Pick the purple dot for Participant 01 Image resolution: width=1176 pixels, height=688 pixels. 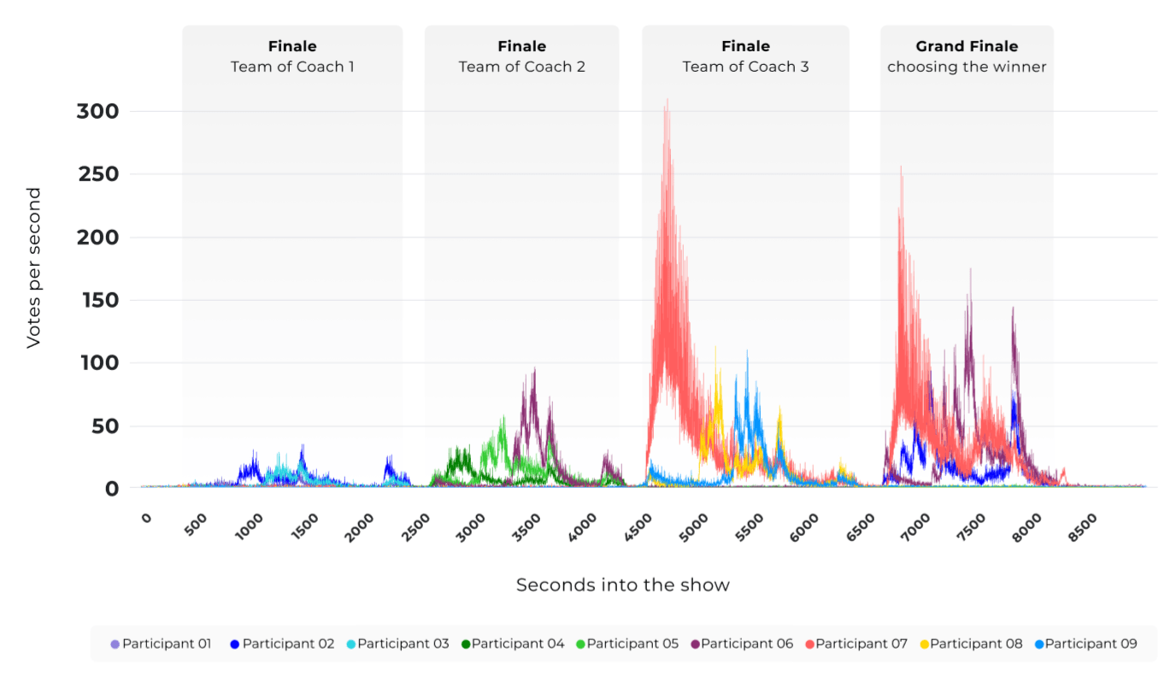pos(115,644)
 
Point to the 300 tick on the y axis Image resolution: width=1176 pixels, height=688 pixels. pos(98,112)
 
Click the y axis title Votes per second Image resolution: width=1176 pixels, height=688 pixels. pos(33,268)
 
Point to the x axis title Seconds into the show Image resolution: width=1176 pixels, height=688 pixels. pos(623,585)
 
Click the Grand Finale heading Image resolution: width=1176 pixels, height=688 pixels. pos(967,46)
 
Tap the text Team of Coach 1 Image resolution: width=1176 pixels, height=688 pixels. pos(292,67)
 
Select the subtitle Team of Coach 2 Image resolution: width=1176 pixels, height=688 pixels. pos(521,67)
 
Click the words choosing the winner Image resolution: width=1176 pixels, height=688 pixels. pos(967,67)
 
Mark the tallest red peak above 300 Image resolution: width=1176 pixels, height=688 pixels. pos(667,100)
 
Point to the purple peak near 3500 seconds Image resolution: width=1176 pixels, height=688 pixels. pos(534,370)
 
